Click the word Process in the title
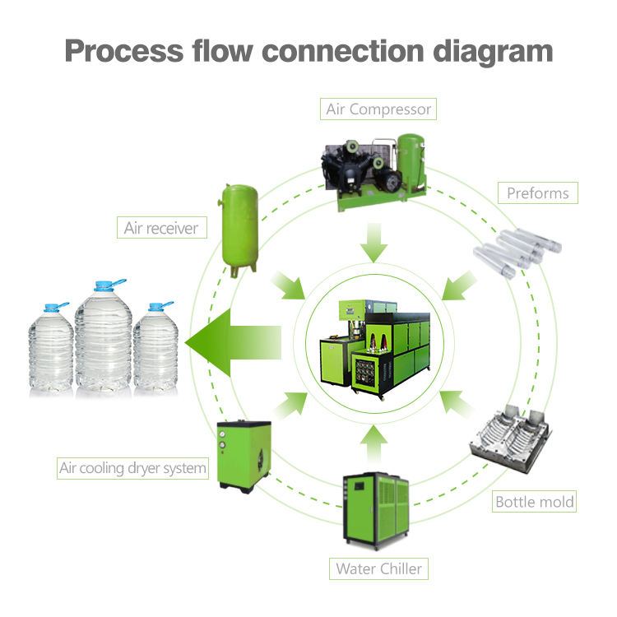124,51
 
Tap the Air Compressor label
378,109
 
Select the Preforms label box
538,193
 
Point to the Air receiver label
162,227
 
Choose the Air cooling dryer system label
132,468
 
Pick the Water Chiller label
378,568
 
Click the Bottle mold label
534,501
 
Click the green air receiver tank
239,230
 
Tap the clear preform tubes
517,253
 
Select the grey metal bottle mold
510,437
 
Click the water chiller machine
377,509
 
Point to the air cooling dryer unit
244,456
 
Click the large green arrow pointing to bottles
234,342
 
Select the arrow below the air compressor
373,243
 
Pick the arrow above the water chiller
373,443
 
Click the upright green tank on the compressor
411,164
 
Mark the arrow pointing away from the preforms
459,286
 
